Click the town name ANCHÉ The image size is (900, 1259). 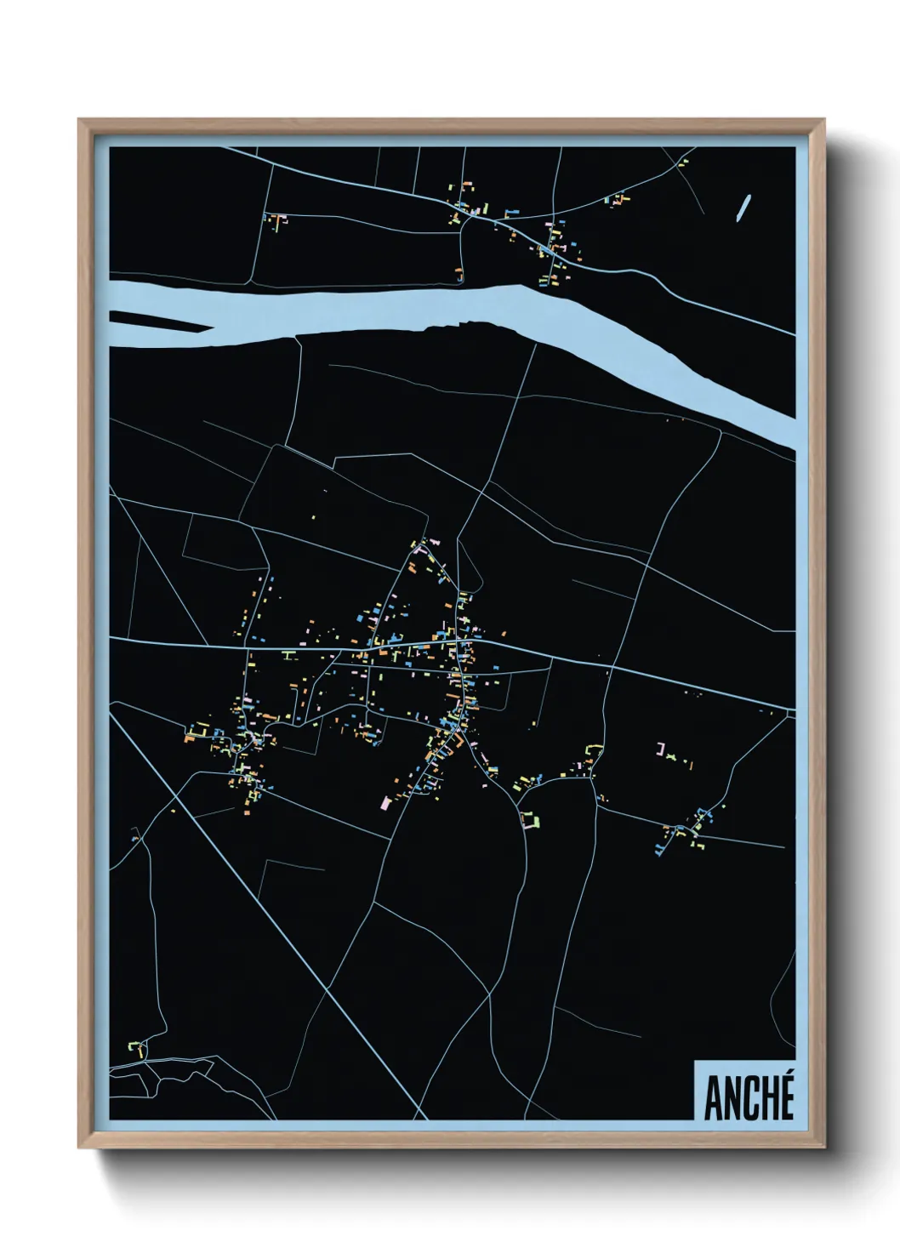(749, 1097)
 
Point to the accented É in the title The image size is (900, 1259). (785, 1095)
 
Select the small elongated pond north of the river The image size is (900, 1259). (743, 208)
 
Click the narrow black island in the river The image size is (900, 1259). (162, 322)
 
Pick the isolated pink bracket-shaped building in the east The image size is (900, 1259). (660, 749)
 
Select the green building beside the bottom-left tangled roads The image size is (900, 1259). (134, 1045)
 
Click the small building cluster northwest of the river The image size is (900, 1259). (275, 220)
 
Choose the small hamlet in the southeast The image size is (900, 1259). (689, 829)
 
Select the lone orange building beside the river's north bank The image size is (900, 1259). (459, 274)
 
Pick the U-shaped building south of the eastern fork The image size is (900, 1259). (530, 819)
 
